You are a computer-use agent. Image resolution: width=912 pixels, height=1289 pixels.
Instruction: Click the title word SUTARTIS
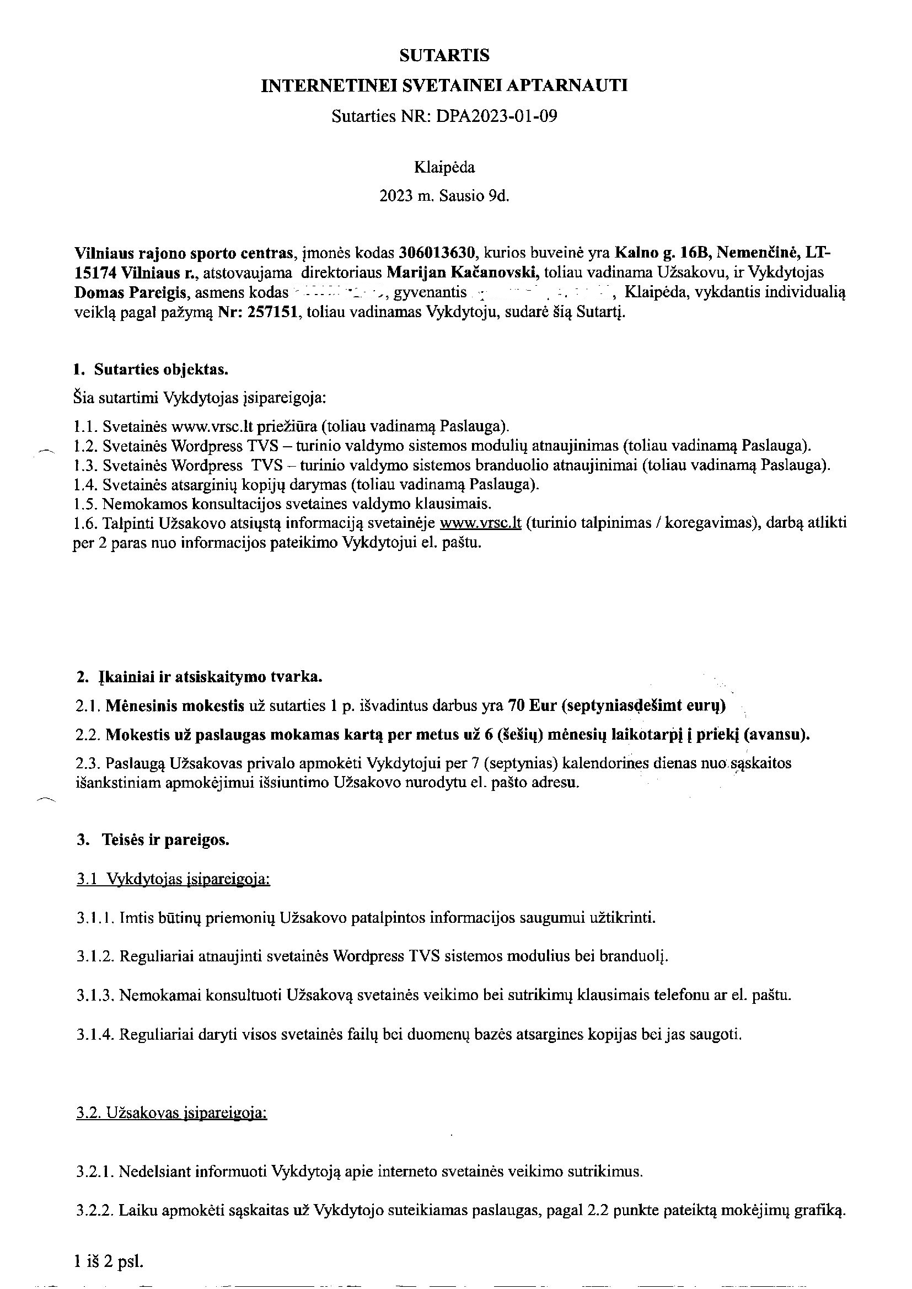pos(444,55)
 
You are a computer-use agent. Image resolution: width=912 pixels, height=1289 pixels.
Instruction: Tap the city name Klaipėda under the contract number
pos(444,167)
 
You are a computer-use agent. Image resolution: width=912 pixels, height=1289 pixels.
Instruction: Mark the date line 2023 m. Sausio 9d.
pos(444,196)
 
